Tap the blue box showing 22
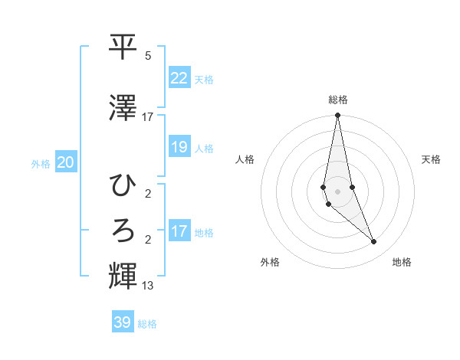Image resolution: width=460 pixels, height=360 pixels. click(x=179, y=77)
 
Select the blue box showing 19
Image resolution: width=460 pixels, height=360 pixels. click(x=179, y=146)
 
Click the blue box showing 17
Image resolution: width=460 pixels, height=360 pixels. click(x=179, y=231)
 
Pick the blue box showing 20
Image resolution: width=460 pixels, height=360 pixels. click(x=66, y=162)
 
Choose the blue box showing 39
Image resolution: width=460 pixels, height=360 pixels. click(x=123, y=322)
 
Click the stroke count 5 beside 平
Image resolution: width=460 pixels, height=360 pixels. click(x=148, y=55)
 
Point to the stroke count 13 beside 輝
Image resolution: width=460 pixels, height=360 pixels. click(x=148, y=286)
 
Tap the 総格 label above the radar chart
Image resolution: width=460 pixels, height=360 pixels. click(x=337, y=100)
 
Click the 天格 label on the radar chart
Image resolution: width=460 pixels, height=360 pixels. click(x=432, y=159)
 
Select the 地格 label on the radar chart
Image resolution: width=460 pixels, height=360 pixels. click(x=402, y=262)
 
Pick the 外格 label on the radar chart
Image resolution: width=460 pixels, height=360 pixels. click(x=270, y=262)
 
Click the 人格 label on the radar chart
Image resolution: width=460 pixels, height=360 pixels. click(x=245, y=159)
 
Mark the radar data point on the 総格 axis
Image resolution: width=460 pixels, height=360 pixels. click(x=337, y=116)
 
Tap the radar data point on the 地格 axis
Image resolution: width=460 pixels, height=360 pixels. click(x=374, y=242)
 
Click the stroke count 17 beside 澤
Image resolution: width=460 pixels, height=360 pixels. click(x=148, y=116)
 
